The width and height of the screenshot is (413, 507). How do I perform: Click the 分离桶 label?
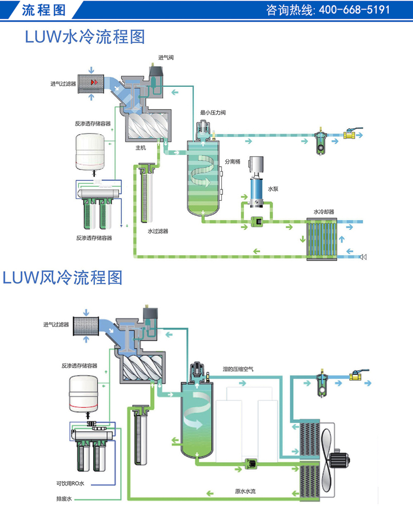[232, 161]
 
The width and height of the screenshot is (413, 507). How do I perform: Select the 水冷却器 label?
[324, 211]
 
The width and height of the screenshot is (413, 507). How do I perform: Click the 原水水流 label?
[245, 491]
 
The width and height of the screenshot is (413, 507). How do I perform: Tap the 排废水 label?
[65, 499]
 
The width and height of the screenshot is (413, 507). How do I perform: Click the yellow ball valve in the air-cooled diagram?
[356, 381]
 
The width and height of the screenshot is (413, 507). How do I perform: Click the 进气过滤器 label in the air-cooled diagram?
[56, 325]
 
